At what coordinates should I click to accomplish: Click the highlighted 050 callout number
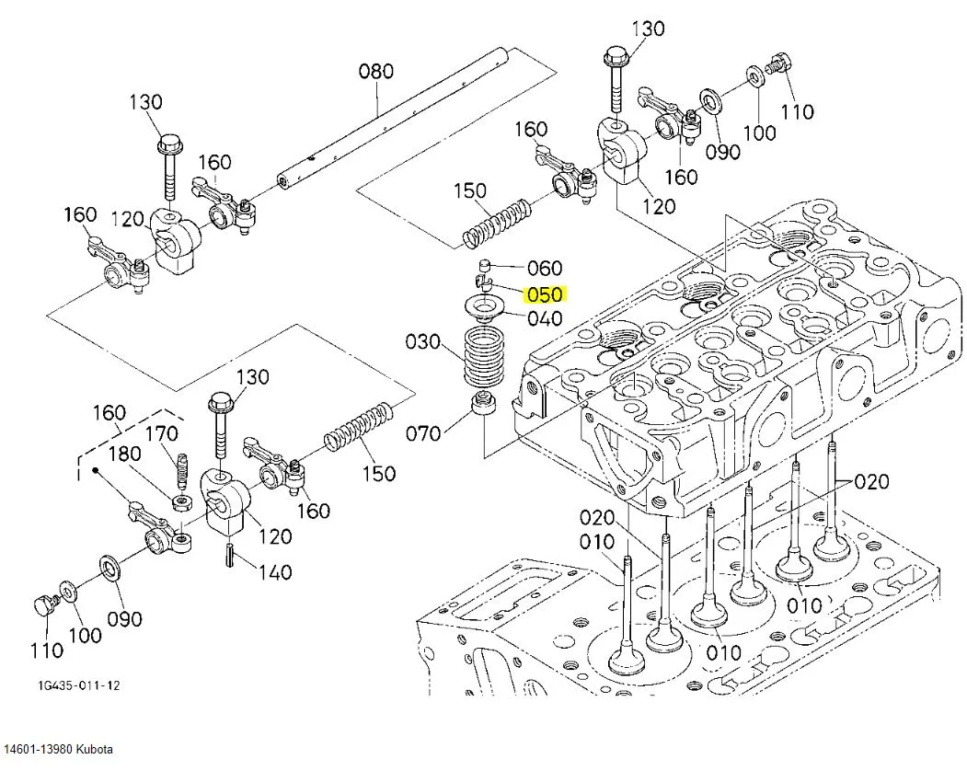[544, 295]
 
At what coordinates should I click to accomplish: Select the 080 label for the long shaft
[375, 71]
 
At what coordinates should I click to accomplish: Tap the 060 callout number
[545, 268]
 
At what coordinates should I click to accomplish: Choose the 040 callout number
[545, 319]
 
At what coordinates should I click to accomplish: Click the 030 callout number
[423, 342]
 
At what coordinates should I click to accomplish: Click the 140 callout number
[274, 573]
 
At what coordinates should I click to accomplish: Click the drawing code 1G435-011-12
[79, 686]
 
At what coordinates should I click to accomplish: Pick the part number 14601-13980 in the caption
[39, 749]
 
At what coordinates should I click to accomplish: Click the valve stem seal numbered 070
[481, 404]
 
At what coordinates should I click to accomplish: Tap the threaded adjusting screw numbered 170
[182, 472]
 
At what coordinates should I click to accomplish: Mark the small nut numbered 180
[182, 501]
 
